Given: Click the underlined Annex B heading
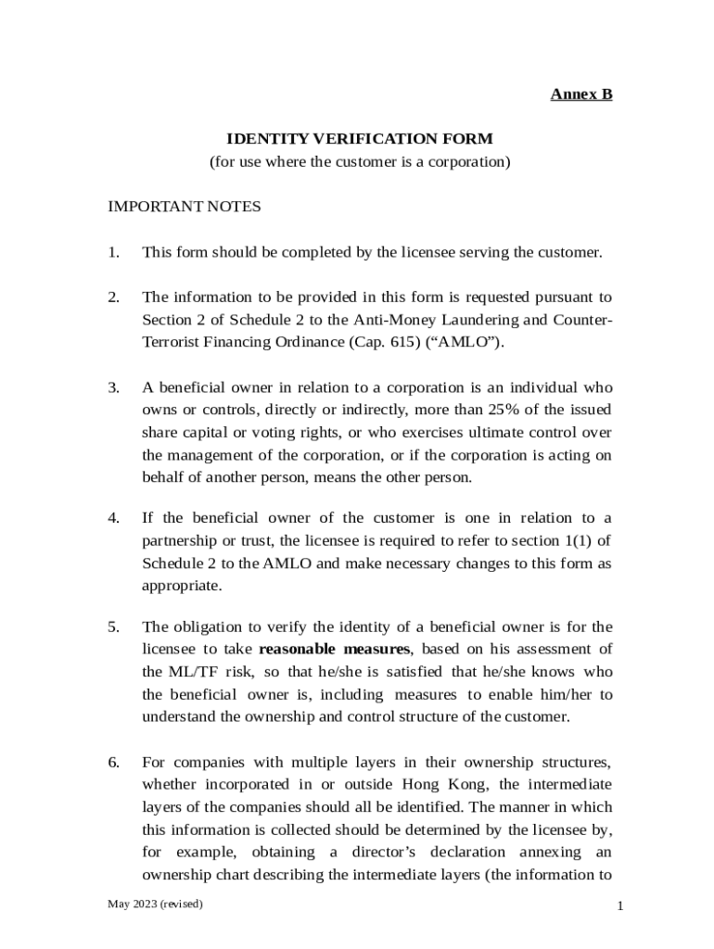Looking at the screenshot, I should (x=581, y=95).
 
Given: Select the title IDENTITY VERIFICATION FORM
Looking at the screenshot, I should (x=360, y=139).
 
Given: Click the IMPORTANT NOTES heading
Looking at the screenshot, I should (x=185, y=207).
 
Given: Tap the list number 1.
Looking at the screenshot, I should (x=113, y=252).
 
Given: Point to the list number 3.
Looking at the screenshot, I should (x=113, y=387).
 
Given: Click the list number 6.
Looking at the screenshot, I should (x=113, y=762).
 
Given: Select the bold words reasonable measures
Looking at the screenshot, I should (x=334, y=649).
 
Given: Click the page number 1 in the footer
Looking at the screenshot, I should (x=618, y=907).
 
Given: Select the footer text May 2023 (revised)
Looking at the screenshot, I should (x=155, y=904).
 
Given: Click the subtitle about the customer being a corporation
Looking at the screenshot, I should (x=360, y=162).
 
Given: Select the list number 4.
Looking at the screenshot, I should (x=113, y=518).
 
